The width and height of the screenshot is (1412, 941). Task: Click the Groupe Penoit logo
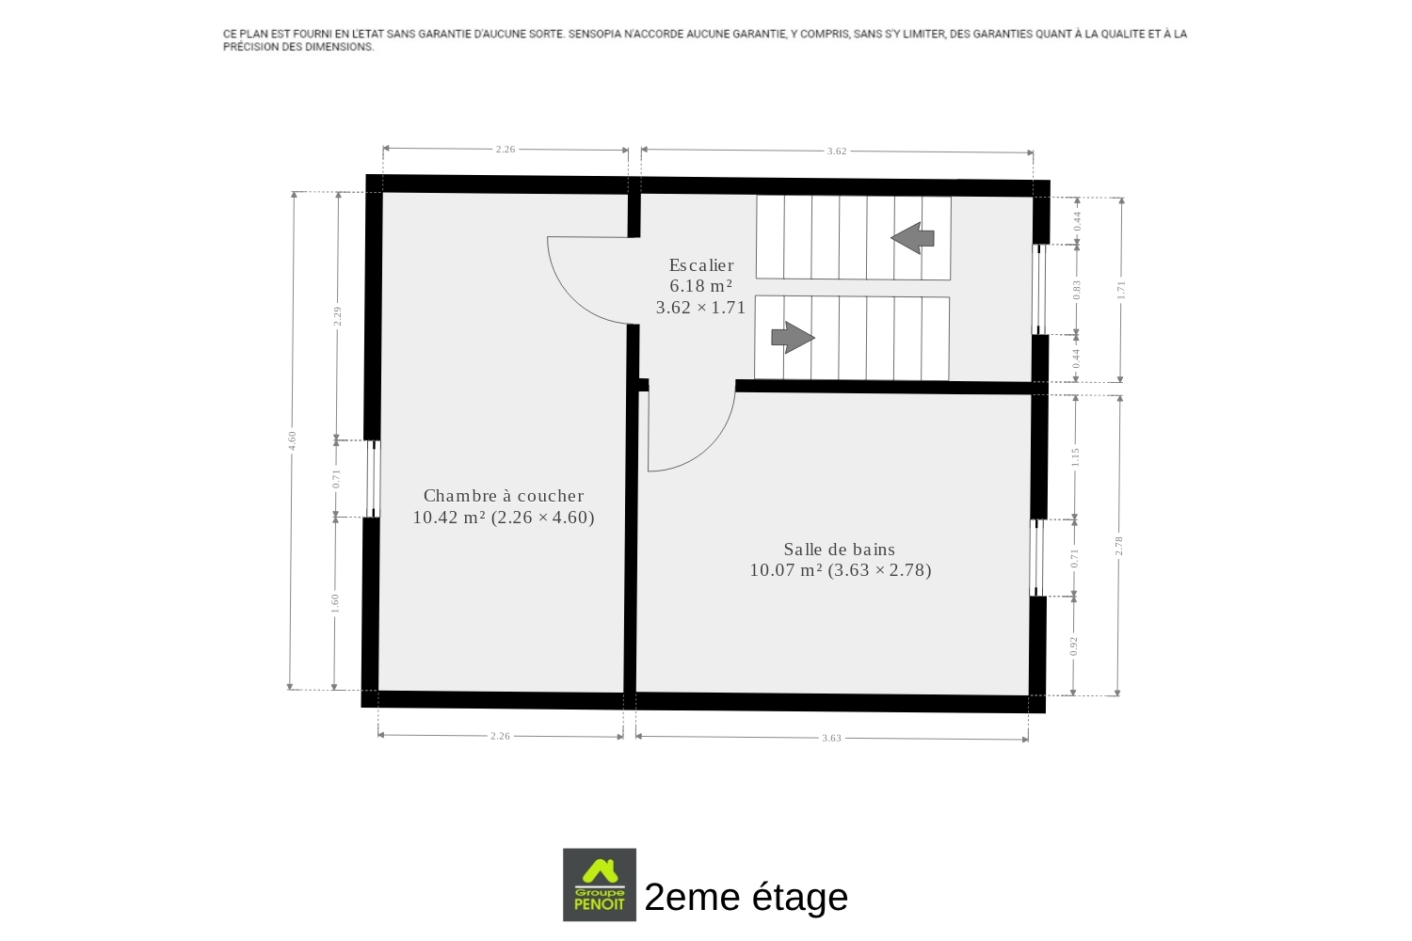pos(600,885)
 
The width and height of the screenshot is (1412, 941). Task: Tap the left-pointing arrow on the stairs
pos(912,238)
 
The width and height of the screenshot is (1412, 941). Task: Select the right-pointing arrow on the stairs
pos(793,337)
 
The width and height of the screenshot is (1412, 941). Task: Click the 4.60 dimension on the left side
pos(292,440)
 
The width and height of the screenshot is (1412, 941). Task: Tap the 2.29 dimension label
pos(337,316)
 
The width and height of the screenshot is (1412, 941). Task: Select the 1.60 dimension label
pos(335,603)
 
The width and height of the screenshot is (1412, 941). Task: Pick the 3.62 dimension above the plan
pos(837,152)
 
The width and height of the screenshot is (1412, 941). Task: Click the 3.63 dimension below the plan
pos(831,738)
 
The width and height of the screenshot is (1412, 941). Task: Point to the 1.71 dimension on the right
pos(1121,290)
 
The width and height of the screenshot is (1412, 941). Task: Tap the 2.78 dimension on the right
pos(1119,546)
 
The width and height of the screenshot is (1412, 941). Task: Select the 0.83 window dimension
pos(1077,290)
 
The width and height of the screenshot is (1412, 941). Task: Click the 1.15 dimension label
pos(1075,457)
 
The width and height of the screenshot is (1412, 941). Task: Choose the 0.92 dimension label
pos(1073,646)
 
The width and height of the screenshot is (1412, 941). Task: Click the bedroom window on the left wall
pos(373,479)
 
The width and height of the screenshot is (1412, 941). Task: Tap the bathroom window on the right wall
pos(1037,558)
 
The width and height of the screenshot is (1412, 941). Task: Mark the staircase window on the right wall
pos(1039,289)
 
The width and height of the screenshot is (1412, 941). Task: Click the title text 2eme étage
pos(746,897)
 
